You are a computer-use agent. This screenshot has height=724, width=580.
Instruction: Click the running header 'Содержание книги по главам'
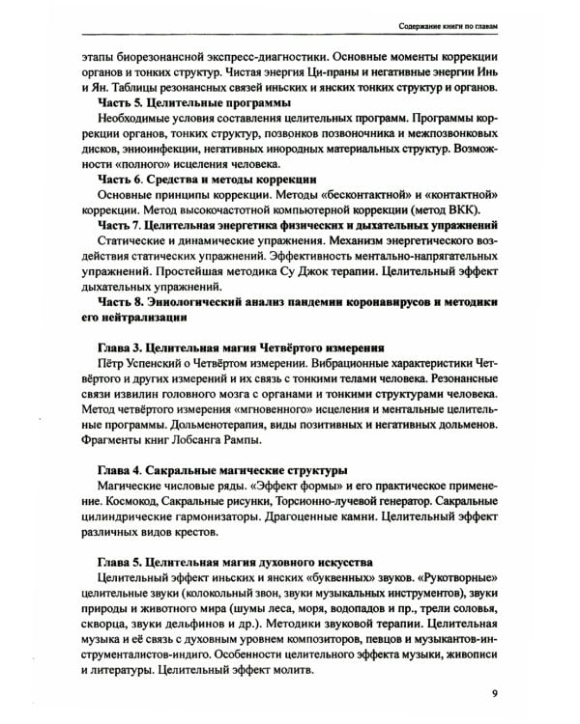pyautogui.click(x=438, y=23)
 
